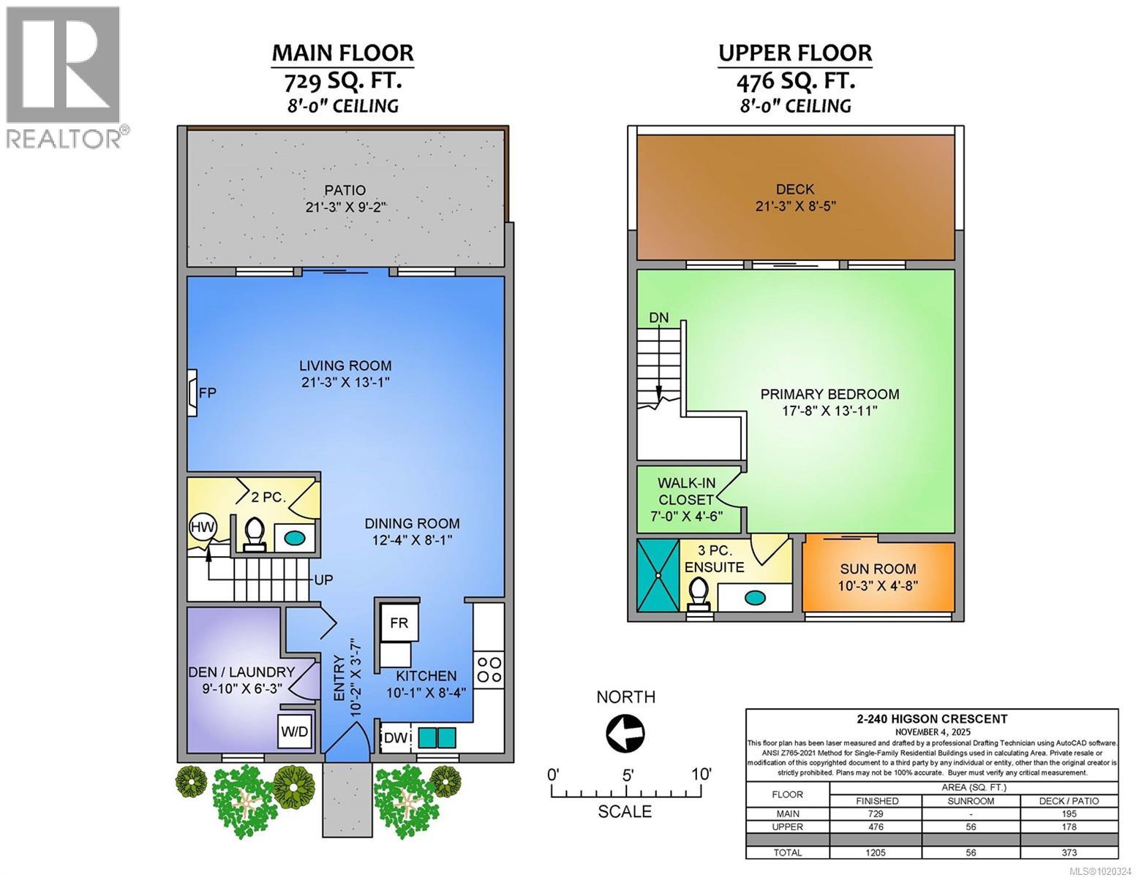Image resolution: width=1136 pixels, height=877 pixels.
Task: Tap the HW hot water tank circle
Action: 202,527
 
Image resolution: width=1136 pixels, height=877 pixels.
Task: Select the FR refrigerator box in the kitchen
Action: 399,623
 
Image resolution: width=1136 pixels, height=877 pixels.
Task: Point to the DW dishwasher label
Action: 395,738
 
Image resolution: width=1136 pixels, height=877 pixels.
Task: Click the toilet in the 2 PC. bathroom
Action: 254,532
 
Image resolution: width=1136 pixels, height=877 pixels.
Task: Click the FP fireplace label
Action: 208,393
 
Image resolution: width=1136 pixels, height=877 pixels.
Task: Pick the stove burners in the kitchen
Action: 489,670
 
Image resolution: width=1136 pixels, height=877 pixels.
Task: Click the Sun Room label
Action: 878,569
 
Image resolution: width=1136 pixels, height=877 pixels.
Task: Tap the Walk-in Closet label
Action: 685,491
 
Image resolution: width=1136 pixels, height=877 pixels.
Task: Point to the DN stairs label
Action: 658,318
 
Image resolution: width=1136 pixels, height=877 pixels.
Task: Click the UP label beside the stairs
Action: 323,580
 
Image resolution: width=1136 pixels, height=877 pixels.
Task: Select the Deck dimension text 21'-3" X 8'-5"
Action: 795,206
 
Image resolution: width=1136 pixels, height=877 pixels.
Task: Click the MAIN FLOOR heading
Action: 342,53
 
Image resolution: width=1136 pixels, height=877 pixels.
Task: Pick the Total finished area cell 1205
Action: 875,852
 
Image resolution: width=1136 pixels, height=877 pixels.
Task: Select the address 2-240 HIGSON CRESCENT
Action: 932,719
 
